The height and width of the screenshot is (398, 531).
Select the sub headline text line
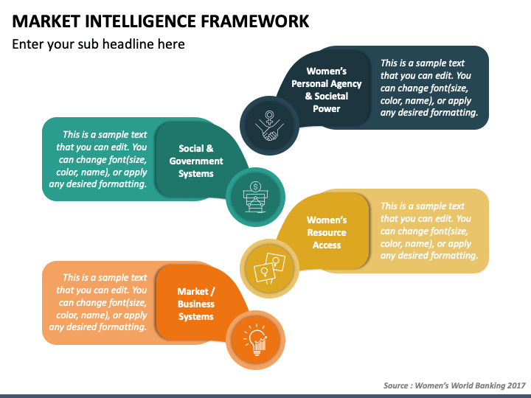point(98,44)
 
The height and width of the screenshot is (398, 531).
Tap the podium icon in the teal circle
point(254,197)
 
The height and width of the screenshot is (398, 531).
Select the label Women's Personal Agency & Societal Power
point(326,90)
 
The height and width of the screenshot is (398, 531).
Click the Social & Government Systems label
point(196,161)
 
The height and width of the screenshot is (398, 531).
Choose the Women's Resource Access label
point(327,232)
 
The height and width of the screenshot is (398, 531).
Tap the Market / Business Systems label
point(196,304)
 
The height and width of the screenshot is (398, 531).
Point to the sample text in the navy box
point(429,88)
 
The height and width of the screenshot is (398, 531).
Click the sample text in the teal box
point(98,159)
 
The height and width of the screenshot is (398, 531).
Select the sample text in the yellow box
point(429,231)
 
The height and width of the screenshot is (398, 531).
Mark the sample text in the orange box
point(98,302)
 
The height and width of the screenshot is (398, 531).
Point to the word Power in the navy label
point(326,109)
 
